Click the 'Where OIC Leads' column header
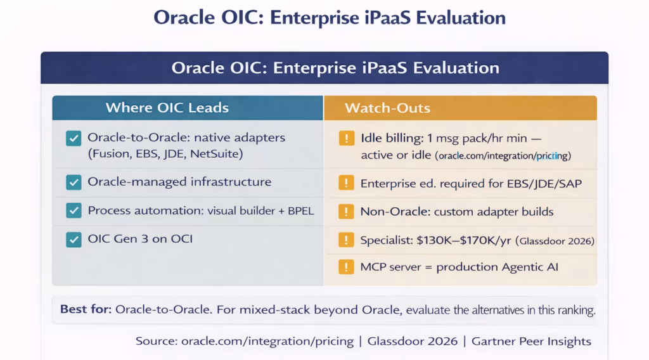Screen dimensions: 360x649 point(167,107)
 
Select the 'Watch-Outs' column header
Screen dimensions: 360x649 point(387,108)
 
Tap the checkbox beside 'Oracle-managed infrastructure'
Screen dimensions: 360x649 point(74,183)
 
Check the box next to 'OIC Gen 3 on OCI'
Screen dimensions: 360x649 point(74,239)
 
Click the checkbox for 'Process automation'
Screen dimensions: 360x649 point(74,211)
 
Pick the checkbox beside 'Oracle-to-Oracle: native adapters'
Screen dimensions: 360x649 point(74,138)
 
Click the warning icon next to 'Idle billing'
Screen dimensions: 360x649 point(346,138)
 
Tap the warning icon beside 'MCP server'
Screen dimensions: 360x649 point(346,267)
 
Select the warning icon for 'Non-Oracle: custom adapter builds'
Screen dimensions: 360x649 point(346,212)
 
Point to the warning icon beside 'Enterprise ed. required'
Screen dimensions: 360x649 point(346,184)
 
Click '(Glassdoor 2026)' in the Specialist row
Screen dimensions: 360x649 point(555,241)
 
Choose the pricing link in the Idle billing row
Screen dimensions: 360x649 point(503,155)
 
